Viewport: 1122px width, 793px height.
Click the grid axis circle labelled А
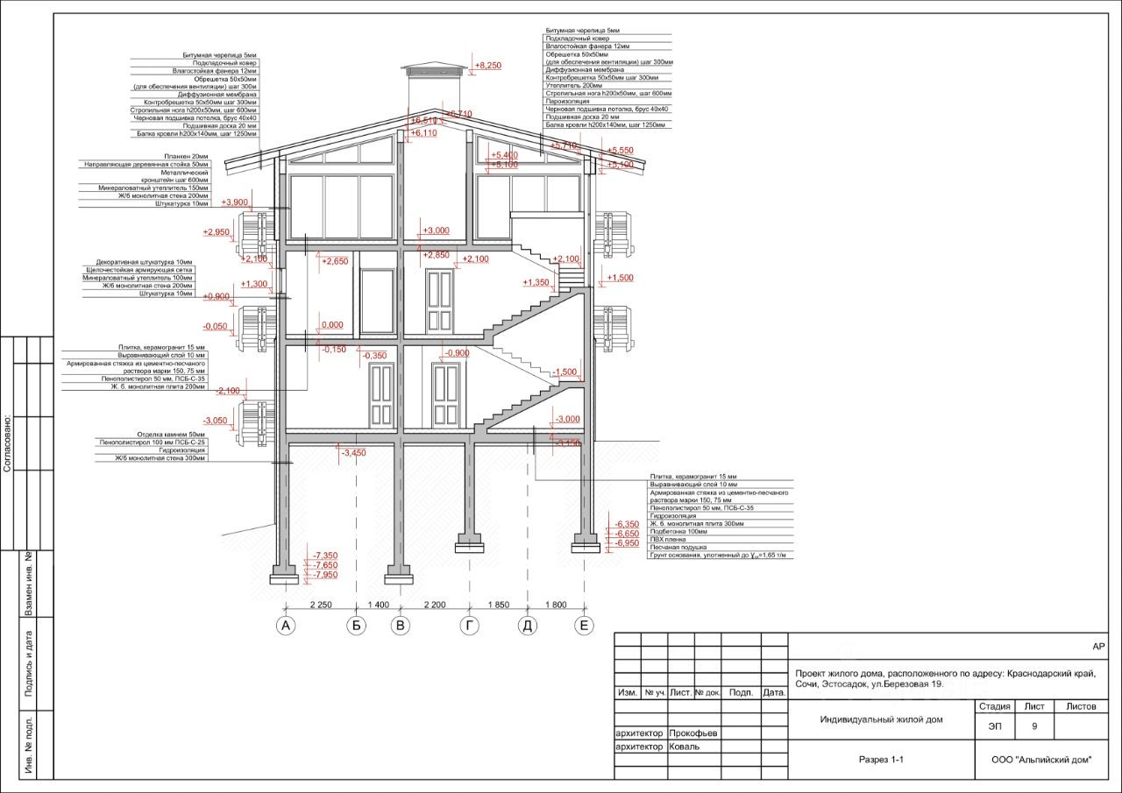[x=284, y=626]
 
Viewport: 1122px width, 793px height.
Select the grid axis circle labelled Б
[x=356, y=626]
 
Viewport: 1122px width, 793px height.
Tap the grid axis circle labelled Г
[x=471, y=626]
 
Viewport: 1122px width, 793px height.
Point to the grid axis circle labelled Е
[x=584, y=626]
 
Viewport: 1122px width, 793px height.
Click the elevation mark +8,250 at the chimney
[x=487, y=66]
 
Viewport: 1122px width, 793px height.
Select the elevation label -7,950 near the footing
[x=325, y=575]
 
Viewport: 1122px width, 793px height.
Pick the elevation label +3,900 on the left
[x=237, y=202]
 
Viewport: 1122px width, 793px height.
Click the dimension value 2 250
[x=320, y=605]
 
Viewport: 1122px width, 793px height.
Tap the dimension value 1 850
[x=497, y=605]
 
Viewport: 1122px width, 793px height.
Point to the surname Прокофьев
[x=692, y=733]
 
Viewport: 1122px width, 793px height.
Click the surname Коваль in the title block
[x=684, y=747]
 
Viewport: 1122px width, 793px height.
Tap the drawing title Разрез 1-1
[x=881, y=760]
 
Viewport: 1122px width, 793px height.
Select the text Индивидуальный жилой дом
[x=881, y=719]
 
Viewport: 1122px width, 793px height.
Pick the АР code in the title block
[x=1098, y=646]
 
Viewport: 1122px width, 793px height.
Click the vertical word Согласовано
[x=7, y=443]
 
